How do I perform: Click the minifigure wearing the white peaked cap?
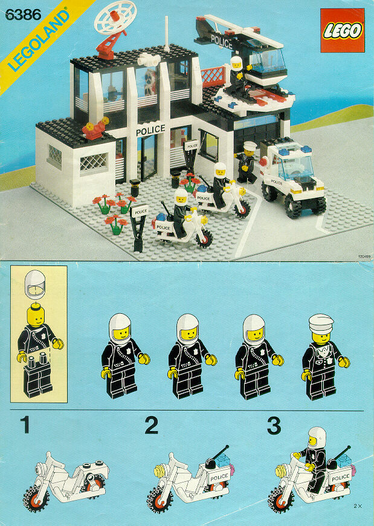coord(325,357)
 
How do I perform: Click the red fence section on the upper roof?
coord(212,76)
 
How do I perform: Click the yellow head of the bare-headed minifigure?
coord(38,316)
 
